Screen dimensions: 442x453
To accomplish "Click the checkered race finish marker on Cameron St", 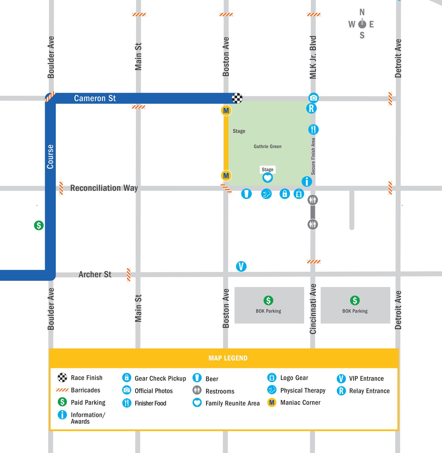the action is [x=237, y=98].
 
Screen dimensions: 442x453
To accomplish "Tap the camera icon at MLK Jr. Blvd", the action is [x=313, y=98].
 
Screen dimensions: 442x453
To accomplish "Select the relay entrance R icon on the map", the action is [x=311, y=109].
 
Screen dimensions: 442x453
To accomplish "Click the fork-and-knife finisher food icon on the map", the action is [x=314, y=129].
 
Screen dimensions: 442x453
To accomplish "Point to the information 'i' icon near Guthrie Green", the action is [x=307, y=181].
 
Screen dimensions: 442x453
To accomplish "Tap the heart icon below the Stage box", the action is [x=267, y=178].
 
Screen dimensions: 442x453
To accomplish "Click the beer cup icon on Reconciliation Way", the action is [x=246, y=194].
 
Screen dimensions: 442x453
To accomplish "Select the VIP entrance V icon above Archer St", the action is [x=241, y=266].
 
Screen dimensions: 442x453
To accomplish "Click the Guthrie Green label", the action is [x=267, y=147].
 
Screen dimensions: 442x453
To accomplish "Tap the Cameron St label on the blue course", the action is [x=95, y=98].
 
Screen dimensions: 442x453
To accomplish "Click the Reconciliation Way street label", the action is [x=104, y=188].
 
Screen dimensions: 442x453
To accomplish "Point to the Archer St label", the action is [x=95, y=274].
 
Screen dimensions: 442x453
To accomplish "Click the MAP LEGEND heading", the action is [x=228, y=358].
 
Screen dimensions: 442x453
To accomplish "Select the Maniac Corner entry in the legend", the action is [x=300, y=403].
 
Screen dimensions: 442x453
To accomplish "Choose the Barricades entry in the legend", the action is [x=85, y=390].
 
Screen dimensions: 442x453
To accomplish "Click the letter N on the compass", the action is [x=362, y=12].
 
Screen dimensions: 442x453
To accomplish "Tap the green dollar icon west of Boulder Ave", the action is [x=39, y=225].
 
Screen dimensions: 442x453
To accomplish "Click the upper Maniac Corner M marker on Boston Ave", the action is [x=226, y=111].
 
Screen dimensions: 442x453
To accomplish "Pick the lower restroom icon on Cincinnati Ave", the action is [x=313, y=224].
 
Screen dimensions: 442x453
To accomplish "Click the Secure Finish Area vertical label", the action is [x=313, y=156].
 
